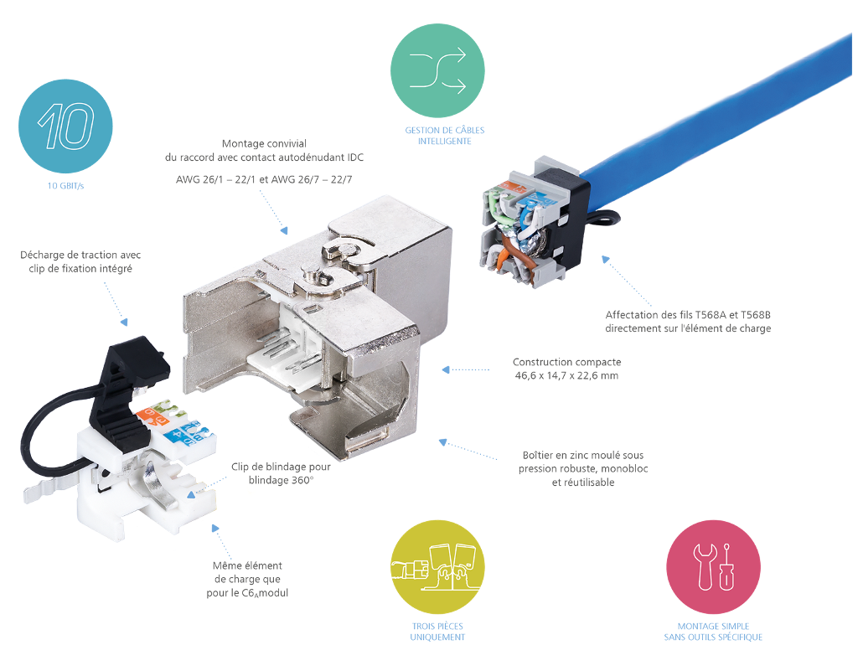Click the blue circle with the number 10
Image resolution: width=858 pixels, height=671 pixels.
(x=65, y=126)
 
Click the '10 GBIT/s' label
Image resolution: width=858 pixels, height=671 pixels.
(x=65, y=186)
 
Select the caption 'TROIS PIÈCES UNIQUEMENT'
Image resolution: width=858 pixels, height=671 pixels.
(x=437, y=632)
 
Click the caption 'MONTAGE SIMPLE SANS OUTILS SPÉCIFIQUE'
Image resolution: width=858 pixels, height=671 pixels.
(x=713, y=632)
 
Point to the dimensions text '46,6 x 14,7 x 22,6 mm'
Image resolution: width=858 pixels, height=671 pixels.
(x=567, y=375)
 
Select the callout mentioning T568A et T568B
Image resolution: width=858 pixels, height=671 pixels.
(x=688, y=322)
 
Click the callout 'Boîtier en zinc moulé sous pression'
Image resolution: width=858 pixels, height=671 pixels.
(x=585, y=468)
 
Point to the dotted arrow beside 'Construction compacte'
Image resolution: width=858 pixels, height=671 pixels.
(x=466, y=369)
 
